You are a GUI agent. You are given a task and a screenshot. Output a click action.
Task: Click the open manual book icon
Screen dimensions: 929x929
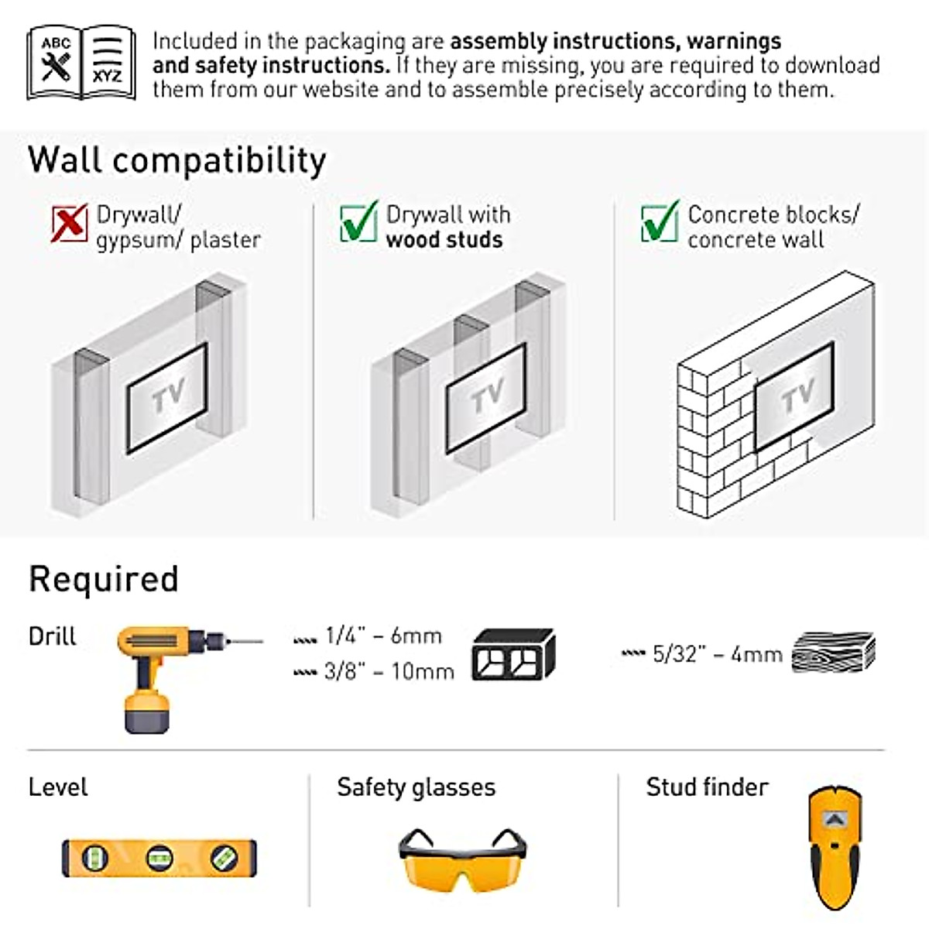(x=81, y=63)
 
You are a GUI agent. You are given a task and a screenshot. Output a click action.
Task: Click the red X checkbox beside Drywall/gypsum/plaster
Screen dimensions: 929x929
(x=69, y=224)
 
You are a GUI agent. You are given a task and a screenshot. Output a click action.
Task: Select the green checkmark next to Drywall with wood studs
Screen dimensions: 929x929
(x=358, y=222)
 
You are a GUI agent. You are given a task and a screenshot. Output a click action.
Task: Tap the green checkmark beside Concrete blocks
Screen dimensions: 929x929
(x=660, y=222)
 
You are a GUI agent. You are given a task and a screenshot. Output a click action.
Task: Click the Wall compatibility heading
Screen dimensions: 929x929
(x=177, y=160)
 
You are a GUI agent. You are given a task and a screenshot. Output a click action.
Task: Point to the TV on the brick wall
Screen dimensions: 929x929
(x=794, y=396)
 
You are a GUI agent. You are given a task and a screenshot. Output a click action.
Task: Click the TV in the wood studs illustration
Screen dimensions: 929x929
(x=485, y=398)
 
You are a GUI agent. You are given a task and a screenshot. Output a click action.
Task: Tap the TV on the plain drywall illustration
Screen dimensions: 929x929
(x=167, y=398)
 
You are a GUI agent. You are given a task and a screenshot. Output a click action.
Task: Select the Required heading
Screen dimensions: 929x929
(x=104, y=579)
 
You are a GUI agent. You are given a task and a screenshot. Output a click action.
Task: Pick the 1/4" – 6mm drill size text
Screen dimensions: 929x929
(x=383, y=636)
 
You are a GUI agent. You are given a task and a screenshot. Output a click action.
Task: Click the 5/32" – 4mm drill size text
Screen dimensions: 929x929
(x=717, y=654)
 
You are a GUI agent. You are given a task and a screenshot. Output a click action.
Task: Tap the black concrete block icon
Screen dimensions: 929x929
(x=513, y=654)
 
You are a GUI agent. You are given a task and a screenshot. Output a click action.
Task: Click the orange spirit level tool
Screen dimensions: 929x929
(x=159, y=858)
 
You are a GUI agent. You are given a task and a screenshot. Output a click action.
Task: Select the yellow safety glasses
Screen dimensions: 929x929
(x=462, y=860)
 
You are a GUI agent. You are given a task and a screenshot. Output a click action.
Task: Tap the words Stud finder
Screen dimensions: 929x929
(x=707, y=787)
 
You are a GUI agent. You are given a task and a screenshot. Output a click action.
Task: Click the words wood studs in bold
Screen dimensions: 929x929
(x=444, y=240)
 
